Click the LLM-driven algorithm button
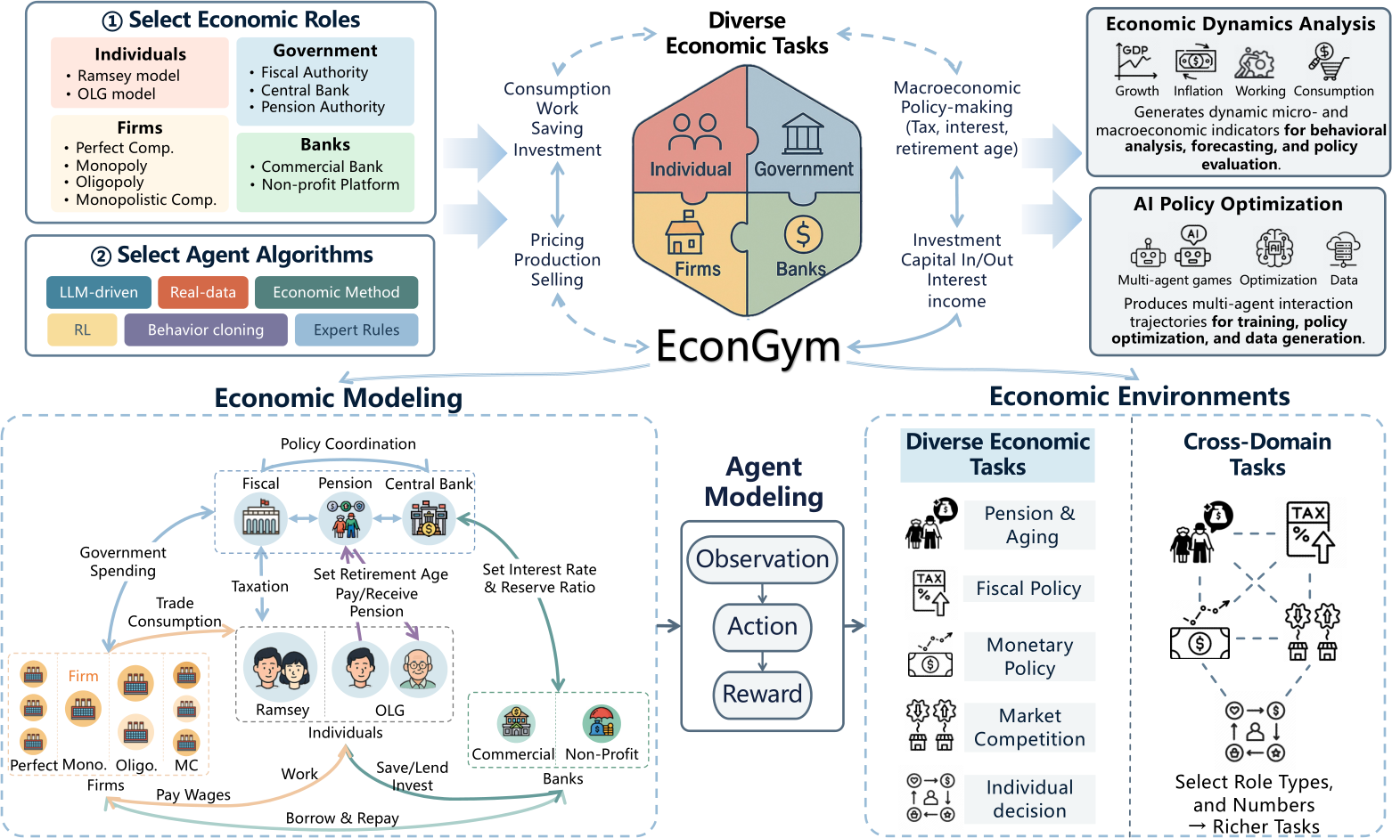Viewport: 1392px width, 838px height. (99, 293)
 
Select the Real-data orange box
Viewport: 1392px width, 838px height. (203, 293)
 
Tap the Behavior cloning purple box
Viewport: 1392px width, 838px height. (206, 330)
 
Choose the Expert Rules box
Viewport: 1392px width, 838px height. (356, 330)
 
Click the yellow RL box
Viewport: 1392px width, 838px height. (82, 330)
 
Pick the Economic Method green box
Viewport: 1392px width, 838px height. (336, 293)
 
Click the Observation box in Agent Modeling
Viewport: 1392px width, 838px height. (763, 559)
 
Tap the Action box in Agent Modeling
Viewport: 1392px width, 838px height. (763, 627)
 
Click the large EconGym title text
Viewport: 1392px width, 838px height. (749, 346)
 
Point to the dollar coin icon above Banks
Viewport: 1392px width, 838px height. (803, 235)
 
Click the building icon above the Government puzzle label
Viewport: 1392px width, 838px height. (803, 134)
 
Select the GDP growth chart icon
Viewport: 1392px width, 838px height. (1135, 61)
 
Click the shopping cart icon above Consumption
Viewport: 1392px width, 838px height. (1329, 61)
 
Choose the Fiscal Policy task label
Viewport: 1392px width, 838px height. (1028, 589)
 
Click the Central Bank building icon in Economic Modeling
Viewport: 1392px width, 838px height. (428, 518)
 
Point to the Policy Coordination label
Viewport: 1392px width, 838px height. (348, 444)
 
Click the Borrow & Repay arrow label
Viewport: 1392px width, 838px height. (342, 818)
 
